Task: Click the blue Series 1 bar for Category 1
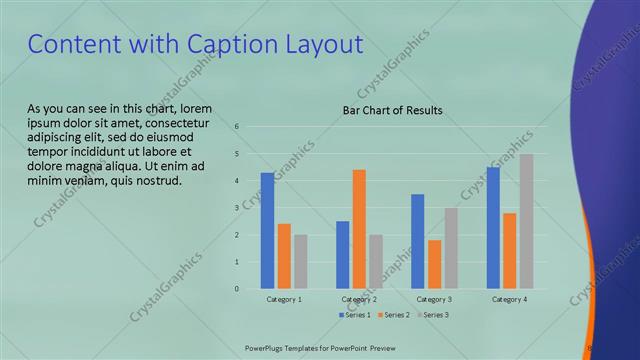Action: coord(267,231)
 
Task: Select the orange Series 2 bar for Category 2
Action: coord(359,229)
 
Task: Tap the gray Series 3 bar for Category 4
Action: coord(526,221)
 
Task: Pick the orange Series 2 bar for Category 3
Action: coord(434,264)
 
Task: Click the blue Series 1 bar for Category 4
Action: coord(493,228)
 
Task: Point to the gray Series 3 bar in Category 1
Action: coord(301,262)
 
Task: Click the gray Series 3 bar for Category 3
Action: coord(451,248)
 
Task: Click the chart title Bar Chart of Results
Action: coord(392,111)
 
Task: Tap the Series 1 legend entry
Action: coord(357,315)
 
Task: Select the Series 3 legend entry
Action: coord(434,315)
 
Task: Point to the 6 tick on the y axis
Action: coord(237,127)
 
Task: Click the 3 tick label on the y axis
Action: coord(237,208)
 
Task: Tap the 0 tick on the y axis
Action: coord(237,289)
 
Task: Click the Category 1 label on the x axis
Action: coord(284,300)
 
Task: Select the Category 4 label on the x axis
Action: coord(509,300)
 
